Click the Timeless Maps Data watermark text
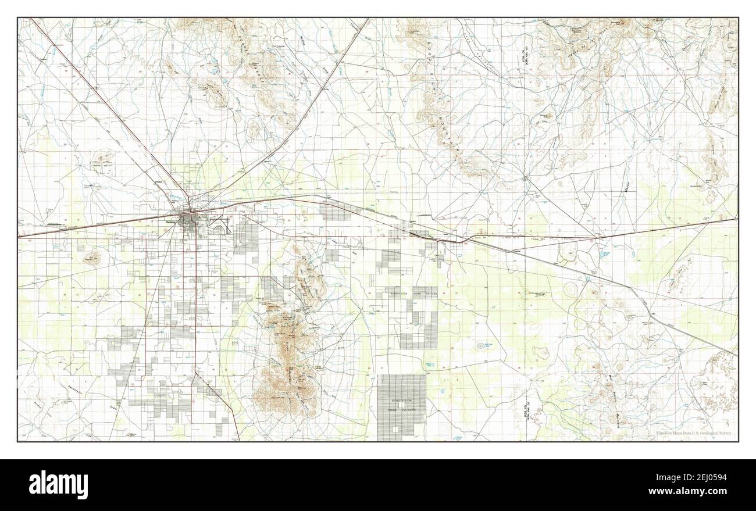(x=694, y=434)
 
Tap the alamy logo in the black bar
(x=58, y=484)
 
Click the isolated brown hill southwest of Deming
(x=91, y=258)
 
